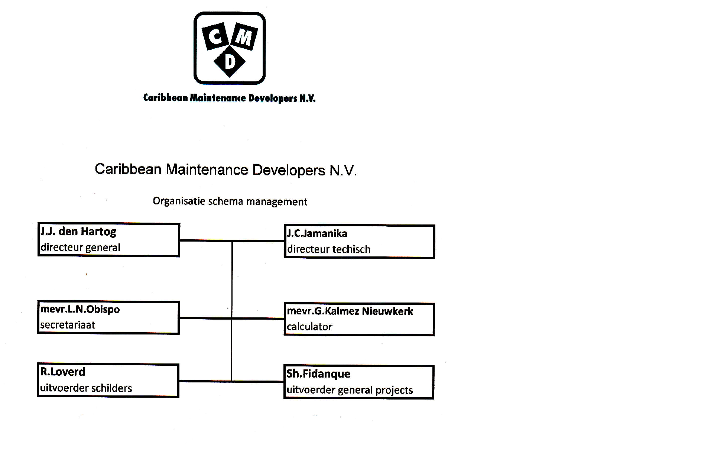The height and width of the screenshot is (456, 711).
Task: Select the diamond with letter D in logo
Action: pyautogui.click(x=230, y=61)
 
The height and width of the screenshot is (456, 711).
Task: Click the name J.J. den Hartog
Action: pyautogui.click(x=78, y=232)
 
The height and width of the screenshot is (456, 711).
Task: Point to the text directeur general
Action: pyautogui.click(x=80, y=248)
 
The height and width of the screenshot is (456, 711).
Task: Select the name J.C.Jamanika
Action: pyautogui.click(x=317, y=233)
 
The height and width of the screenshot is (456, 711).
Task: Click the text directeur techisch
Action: pyautogui.click(x=329, y=249)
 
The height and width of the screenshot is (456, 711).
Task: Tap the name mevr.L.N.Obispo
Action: pyautogui.click(x=80, y=309)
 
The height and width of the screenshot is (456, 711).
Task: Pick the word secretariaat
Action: pyautogui.click(x=68, y=325)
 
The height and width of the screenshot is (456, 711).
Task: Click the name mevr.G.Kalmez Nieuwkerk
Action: pyautogui.click(x=350, y=311)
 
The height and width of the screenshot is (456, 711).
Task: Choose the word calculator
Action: pyautogui.click(x=309, y=327)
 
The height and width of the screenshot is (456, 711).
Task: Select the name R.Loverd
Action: pyautogui.click(x=62, y=372)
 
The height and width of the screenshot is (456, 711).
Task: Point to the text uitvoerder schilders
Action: pyautogui.click(x=86, y=388)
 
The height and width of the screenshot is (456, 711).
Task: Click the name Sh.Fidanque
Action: pyautogui.click(x=318, y=373)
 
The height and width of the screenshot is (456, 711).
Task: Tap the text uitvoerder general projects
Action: pyautogui.click(x=350, y=390)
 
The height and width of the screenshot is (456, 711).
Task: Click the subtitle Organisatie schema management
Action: pyautogui.click(x=230, y=201)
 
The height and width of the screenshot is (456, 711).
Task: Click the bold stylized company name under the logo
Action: pyautogui.click(x=229, y=98)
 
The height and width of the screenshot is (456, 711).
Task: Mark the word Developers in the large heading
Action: pyautogui.click(x=289, y=170)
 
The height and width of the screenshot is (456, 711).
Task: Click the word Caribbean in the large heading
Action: pyautogui.click(x=128, y=169)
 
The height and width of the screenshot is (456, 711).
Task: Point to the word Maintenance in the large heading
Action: pyautogui.click(x=207, y=169)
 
